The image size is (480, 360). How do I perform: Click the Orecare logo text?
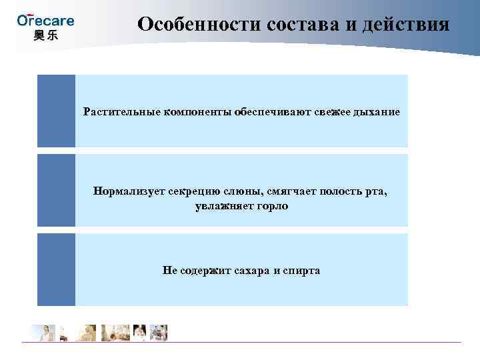click(x=45, y=20)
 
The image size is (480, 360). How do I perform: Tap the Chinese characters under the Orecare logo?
click(x=45, y=35)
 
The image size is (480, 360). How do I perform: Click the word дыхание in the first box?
click(x=379, y=111)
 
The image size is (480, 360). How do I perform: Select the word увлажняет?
click(x=223, y=206)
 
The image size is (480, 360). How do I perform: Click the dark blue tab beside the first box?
click(x=56, y=111)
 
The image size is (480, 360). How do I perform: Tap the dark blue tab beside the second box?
click(x=56, y=191)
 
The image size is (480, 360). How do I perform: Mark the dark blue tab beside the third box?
click(x=56, y=270)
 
